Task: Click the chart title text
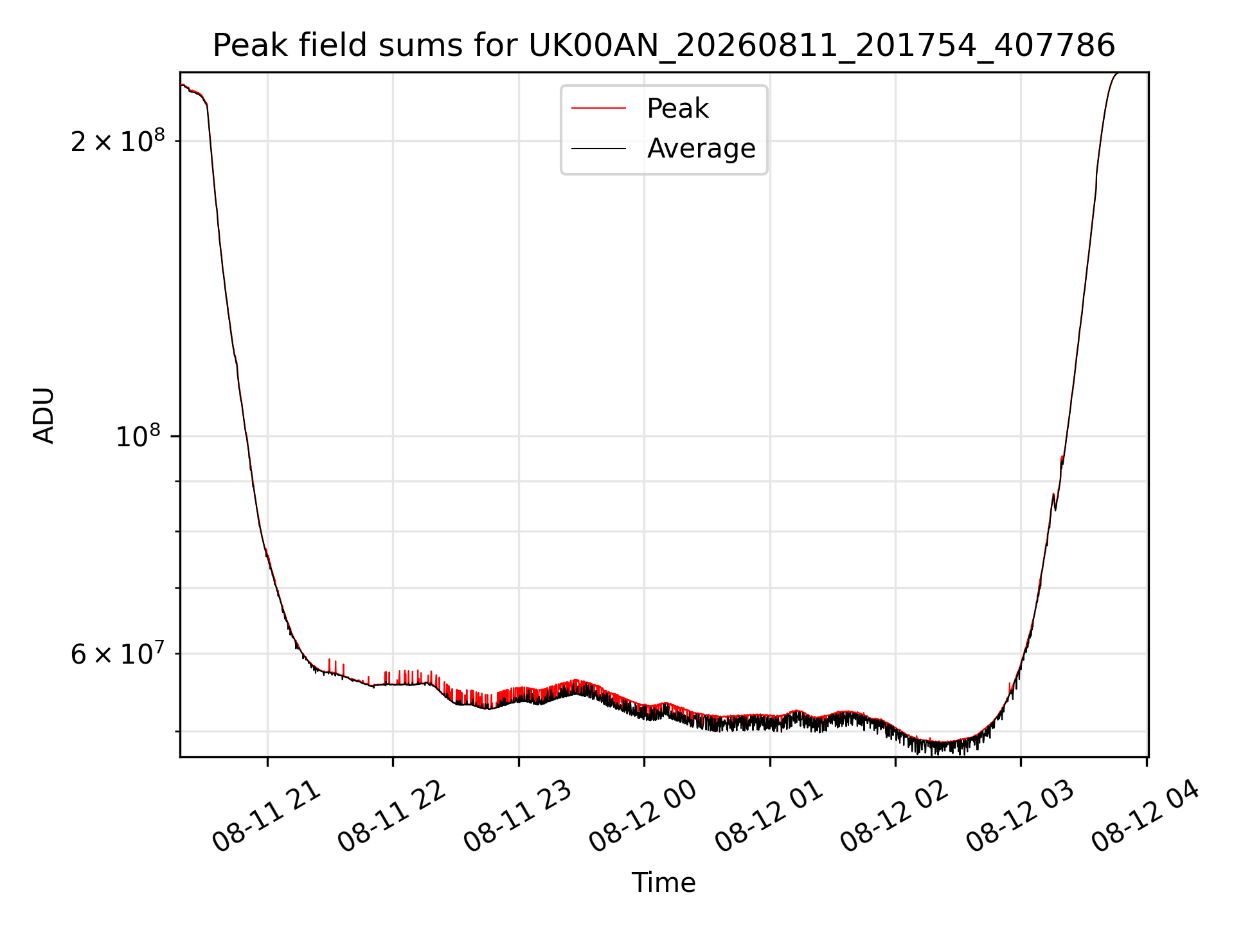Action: pos(664,45)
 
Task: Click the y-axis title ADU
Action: pos(44,415)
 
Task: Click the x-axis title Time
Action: pos(664,883)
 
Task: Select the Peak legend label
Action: pos(677,109)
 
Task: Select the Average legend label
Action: pos(701,149)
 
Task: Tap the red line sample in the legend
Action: pos(598,109)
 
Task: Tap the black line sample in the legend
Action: pos(598,149)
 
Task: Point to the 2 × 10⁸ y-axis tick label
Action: pos(118,140)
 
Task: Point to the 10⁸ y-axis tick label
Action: pos(139,436)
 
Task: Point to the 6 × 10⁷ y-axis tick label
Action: pos(118,653)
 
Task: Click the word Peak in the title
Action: pos(242,45)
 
